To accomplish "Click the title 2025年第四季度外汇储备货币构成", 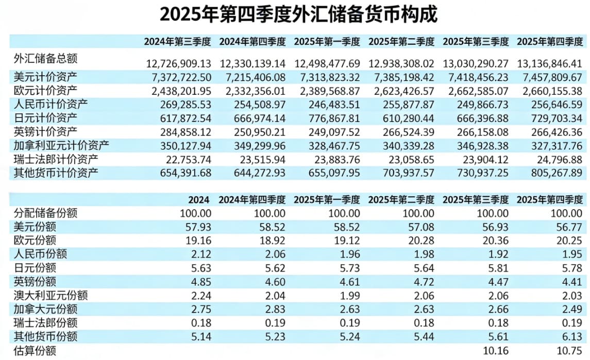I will (x=298, y=14).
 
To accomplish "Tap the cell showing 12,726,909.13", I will (x=179, y=64).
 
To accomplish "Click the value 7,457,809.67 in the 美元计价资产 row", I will (x=549, y=77).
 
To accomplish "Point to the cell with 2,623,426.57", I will (x=401, y=91).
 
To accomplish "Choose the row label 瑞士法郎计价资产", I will (x=56, y=159).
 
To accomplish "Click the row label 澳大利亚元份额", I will (x=50, y=295).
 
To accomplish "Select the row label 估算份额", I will (x=35, y=351).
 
